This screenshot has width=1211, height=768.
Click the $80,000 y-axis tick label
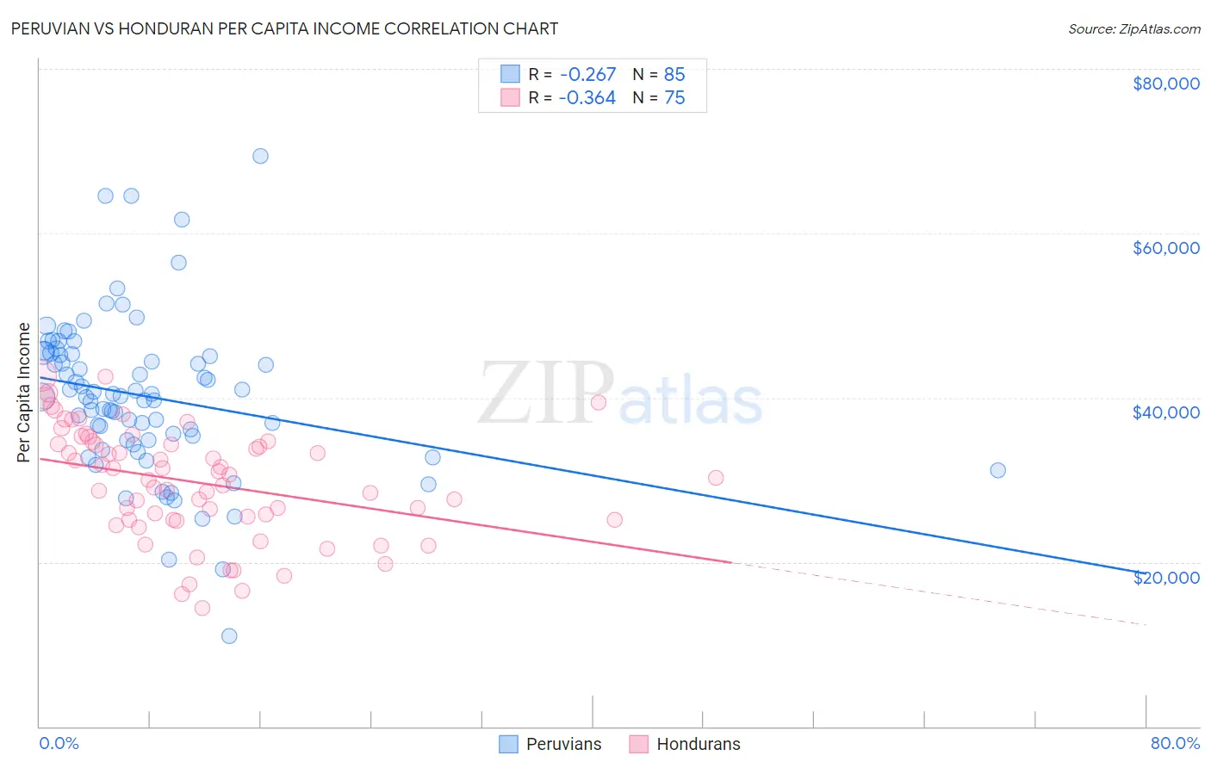[1165, 84]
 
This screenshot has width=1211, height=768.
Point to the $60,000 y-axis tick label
[1165, 248]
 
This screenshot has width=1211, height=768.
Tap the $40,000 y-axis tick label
[1165, 412]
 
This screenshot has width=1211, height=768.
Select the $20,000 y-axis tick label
[1165, 577]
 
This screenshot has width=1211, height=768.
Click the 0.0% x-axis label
[59, 743]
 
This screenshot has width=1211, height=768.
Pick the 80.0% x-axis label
[1175, 743]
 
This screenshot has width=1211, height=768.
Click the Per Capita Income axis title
[24, 392]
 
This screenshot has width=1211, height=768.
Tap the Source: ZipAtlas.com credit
[1133, 28]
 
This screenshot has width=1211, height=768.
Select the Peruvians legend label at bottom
[563, 744]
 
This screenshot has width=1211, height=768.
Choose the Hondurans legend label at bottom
[698, 744]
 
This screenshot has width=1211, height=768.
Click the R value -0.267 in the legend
[587, 74]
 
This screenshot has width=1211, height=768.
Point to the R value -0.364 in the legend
[587, 98]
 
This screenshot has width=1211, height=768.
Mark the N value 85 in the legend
[674, 74]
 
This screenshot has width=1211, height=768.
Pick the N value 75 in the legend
[674, 98]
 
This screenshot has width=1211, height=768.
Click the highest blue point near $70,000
[260, 156]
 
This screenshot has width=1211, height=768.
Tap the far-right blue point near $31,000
[997, 470]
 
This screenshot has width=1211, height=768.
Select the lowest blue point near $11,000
[229, 636]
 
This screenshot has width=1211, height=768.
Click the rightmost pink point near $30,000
[715, 478]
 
